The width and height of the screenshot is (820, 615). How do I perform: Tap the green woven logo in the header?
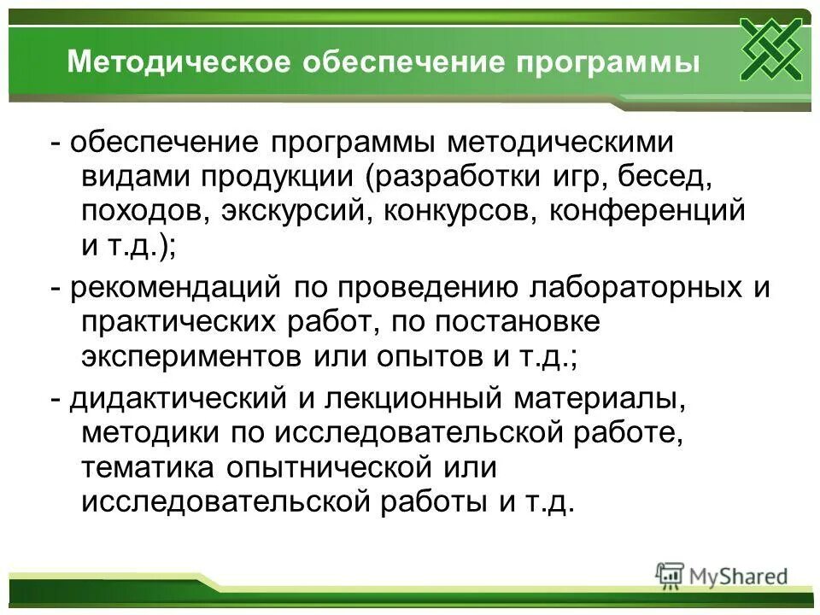pyautogui.click(x=770, y=48)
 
